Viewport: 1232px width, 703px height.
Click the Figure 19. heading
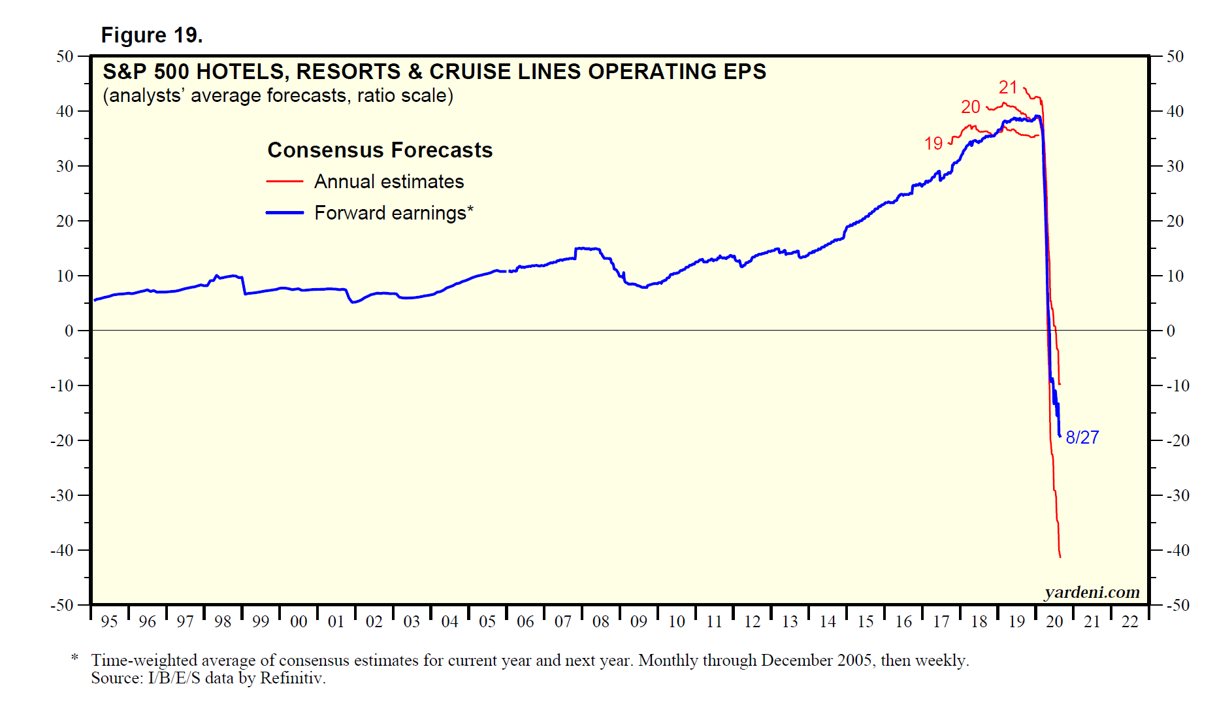pos(152,35)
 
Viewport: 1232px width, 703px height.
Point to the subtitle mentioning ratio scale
pos(278,95)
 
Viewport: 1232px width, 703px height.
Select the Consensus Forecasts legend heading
pos(380,150)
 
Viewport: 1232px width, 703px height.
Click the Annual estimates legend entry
pos(389,182)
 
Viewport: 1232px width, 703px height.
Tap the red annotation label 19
pos(933,144)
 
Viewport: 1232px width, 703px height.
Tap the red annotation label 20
pos(970,107)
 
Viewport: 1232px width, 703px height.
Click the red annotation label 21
pos(1008,88)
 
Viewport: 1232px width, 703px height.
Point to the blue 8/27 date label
pos(1082,438)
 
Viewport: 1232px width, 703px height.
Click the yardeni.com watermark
pos(1092,592)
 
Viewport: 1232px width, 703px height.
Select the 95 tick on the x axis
pos(109,622)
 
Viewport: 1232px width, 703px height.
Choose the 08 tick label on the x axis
pos(600,622)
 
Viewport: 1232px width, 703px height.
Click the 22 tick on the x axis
pos(1130,622)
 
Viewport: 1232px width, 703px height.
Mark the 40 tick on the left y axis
pos(65,111)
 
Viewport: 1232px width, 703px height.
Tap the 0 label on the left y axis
pos(69,331)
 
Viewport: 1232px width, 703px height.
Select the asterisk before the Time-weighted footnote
pos(75,658)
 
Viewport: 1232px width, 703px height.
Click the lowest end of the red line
pos(1060,557)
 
